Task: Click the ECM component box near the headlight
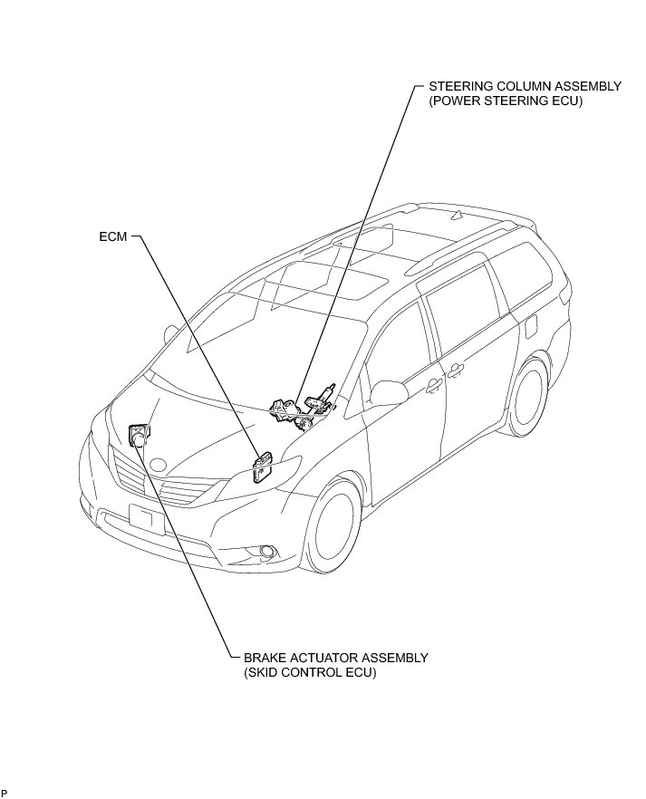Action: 263,467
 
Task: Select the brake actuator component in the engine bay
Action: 140,436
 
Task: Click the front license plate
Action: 145,519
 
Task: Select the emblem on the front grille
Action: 159,465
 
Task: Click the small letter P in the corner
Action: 5,793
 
